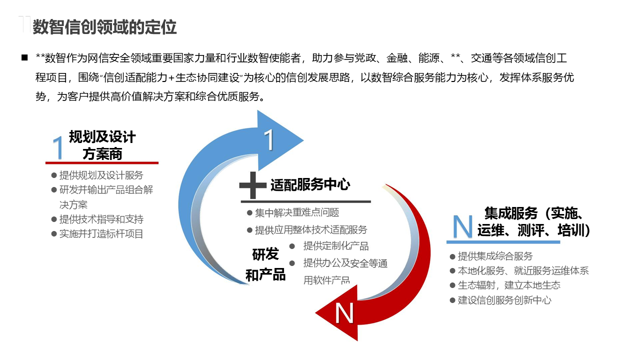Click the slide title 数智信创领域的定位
[x=104, y=27]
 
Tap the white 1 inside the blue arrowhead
[x=269, y=140]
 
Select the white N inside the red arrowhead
[x=344, y=313]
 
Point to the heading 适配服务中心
[x=310, y=185]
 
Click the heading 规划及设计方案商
[x=102, y=145]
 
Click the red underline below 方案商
[x=102, y=162]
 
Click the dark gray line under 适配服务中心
[x=305, y=201]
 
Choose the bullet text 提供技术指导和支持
[x=101, y=219]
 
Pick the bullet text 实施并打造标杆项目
[x=101, y=233]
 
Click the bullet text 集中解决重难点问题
[x=297, y=212]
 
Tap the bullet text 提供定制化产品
[x=336, y=246]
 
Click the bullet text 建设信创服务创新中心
[x=504, y=300]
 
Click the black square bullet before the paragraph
[x=24, y=58]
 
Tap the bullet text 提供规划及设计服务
[x=101, y=175]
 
